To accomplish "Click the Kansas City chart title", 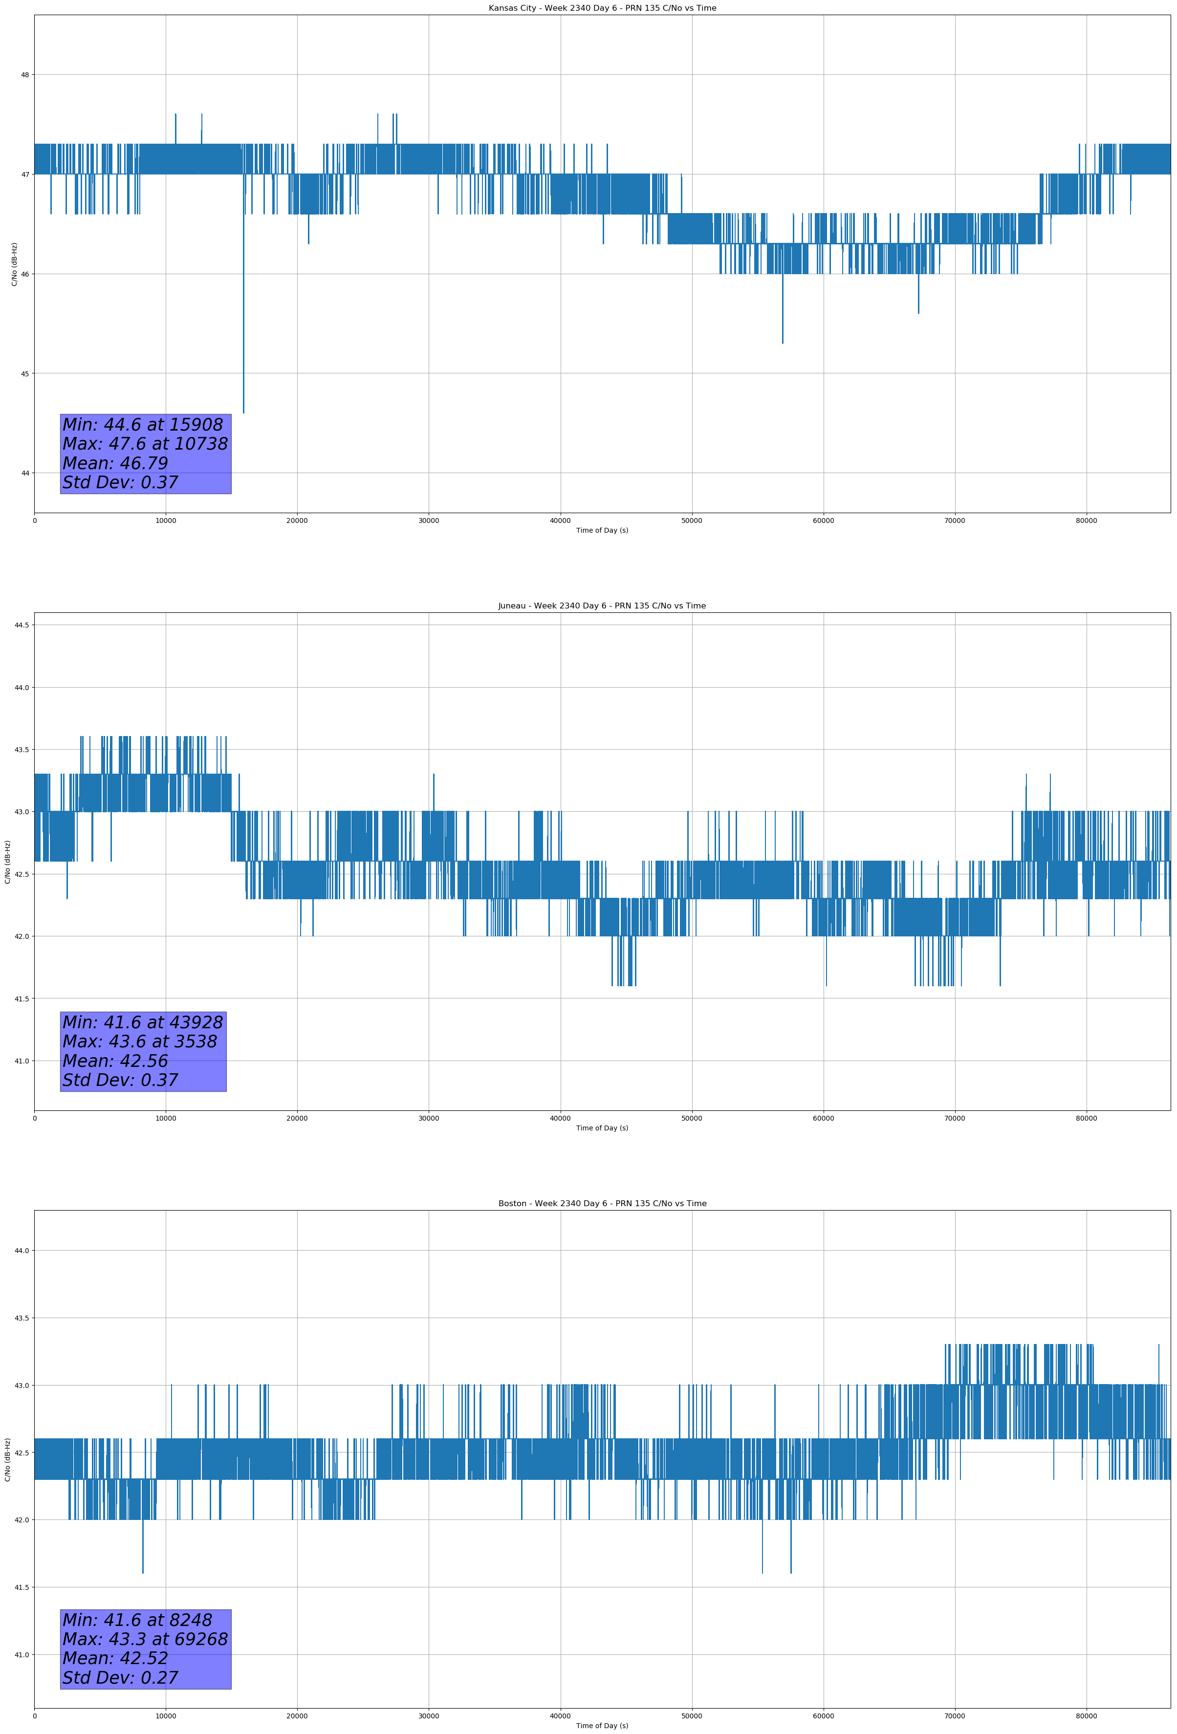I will [602, 8].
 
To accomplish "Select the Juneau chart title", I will [602, 606].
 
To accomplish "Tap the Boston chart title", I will [602, 1204].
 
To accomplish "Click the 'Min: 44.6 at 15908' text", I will [143, 425].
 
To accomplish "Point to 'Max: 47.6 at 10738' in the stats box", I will [145, 444].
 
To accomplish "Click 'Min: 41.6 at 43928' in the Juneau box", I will [143, 1022].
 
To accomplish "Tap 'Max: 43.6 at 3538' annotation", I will [140, 1041].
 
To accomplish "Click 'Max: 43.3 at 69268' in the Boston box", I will [145, 1639].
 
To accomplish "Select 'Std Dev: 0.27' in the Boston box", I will [120, 1678].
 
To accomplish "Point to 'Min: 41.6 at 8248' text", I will [137, 1620].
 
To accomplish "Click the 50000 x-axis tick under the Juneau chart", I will [691, 1118].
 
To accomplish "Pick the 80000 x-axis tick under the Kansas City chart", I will [1086, 521].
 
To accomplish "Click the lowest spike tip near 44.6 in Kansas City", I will [243, 412].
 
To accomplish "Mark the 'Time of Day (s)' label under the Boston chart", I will [602, 1726].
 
